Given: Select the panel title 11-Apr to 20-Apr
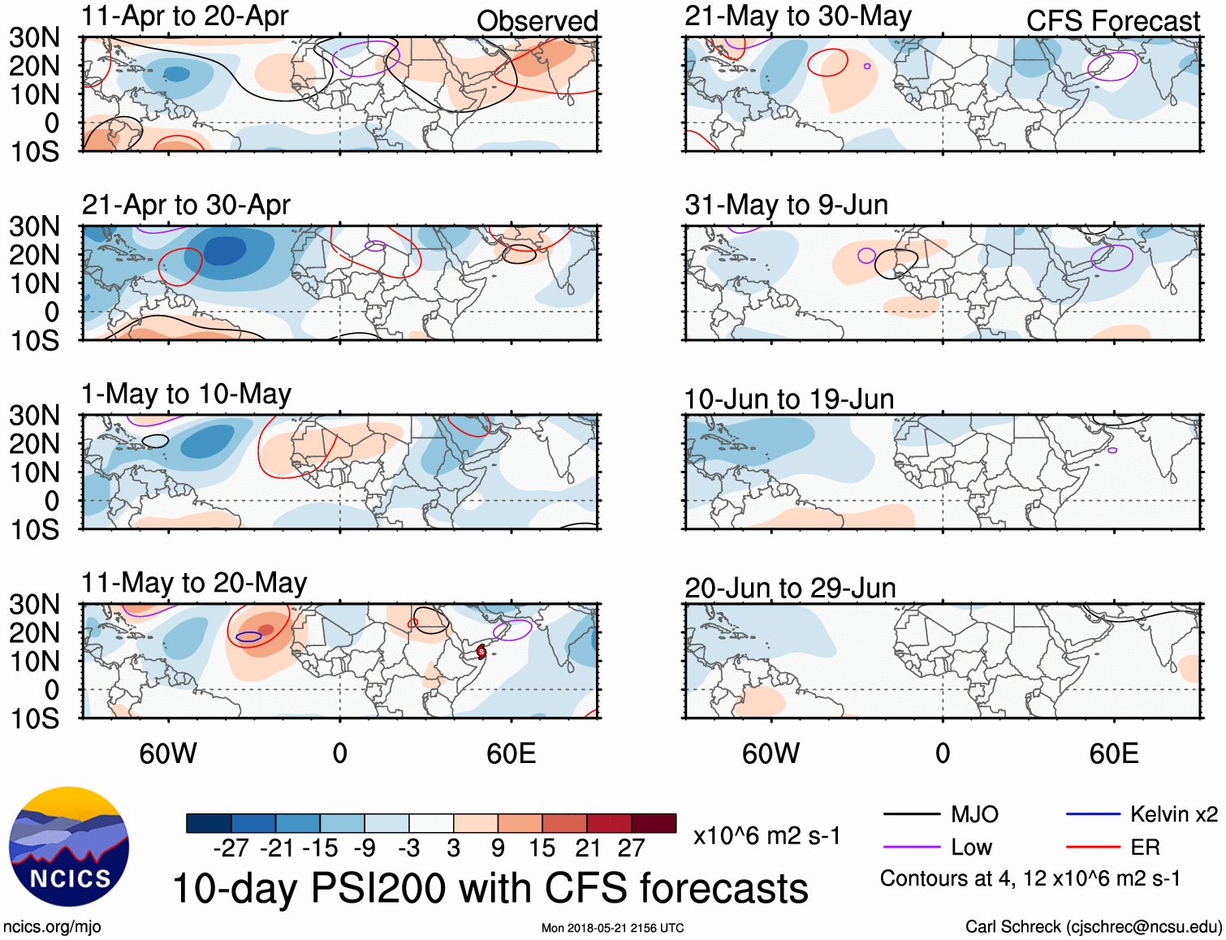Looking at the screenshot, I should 184,16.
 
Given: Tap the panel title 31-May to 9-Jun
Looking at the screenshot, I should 786,205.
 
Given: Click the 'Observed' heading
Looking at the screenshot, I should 537,21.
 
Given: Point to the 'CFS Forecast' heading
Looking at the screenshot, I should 1112,21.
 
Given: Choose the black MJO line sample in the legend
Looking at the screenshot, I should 911,814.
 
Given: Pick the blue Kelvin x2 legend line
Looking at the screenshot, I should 1093,814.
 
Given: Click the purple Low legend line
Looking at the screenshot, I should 911,847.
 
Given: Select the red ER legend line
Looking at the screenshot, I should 1093,847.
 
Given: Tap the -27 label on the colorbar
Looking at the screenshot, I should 231,848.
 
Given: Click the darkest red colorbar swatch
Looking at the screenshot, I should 654,823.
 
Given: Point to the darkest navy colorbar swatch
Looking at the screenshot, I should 209,823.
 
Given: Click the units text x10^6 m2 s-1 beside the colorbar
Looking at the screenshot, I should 766,836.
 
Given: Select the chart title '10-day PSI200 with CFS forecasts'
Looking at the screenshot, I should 490,888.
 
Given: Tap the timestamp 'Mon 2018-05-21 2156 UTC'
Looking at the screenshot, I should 612,928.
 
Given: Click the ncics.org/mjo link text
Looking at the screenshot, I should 52,927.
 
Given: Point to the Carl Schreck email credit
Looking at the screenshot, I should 1093,927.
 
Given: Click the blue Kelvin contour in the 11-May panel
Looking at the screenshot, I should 248,637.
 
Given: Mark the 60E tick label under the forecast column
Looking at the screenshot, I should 1113,753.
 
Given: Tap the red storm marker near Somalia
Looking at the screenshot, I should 481,651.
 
